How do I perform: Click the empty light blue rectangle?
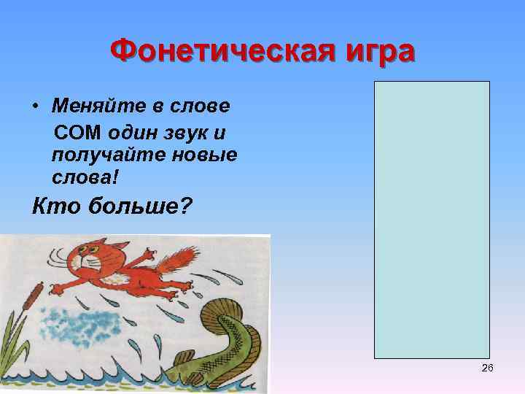(432, 219)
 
